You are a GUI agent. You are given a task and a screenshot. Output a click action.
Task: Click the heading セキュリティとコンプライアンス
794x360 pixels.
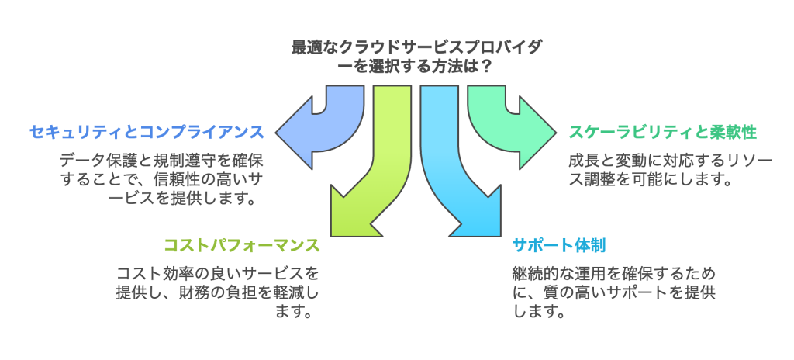(x=147, y=131)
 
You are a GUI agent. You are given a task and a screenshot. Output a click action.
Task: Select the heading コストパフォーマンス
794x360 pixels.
(x=241, y=245)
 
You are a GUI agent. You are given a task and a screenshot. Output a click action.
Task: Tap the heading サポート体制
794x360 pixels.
(x=559, y=245)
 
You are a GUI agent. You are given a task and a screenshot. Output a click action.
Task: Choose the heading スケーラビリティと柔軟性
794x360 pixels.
(x=663, y=131)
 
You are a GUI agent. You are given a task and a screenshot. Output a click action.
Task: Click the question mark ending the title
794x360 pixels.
(x=485, y=67)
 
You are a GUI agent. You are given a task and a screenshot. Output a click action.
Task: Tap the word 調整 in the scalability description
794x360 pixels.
(x=613, y=179)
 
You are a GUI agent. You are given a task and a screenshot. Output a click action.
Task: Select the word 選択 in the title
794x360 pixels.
(x=377, y=67)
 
